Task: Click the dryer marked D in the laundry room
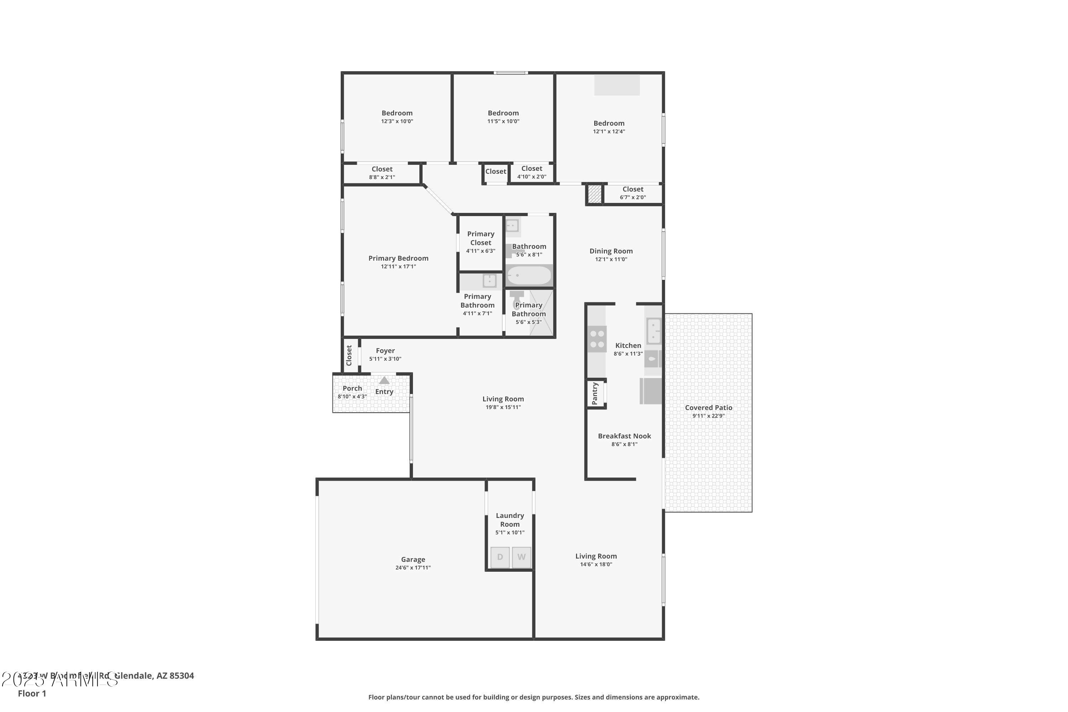click(x=499, y=557)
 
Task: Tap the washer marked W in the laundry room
click(x=521, y=557)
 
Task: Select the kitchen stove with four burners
click(x=597, y=339)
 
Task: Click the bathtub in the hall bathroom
click(x=529, y=275)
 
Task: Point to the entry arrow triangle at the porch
click(x=384, y=381)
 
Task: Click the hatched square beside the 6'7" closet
click(x=595, y=194)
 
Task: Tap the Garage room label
click(x=413, y=559)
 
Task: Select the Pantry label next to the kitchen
click(x=595, y=393)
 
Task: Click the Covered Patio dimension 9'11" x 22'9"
click(x=708, y=416)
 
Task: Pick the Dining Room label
click(x=611, y=251)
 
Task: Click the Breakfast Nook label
click(x=624, y=436)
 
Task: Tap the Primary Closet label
click(x=480, y=238)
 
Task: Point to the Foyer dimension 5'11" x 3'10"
click(x=385, y=359)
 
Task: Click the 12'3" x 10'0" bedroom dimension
click(x=397, y=121)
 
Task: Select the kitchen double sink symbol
click(x=653, y=331)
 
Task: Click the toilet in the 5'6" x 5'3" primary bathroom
click(x=517, y=300)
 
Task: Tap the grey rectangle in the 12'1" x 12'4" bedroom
click(x=617, y=85)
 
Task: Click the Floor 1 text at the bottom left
click(x=32, y=693)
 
